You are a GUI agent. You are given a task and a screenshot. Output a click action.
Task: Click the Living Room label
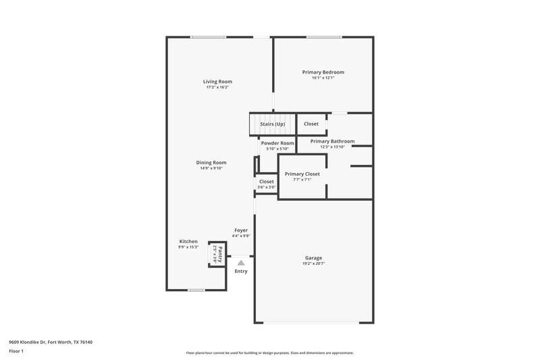click(217, 82)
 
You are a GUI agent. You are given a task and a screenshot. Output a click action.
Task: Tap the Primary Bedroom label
click(323, 72)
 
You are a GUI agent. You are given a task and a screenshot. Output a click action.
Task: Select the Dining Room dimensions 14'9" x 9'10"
click(211, 168)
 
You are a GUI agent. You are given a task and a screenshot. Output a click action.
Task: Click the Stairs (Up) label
click(273, 124)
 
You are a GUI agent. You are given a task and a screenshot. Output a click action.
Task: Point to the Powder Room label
click(277, 143)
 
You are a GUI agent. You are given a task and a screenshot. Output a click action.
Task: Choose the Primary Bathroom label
click(332, 141)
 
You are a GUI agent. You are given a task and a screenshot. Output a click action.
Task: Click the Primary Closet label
click(302, 174)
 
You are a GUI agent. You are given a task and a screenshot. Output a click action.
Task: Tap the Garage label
click(313, 257)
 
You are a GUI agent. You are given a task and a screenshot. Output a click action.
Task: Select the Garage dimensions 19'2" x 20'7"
click(313, 263)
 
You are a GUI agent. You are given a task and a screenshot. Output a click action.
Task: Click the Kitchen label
click(188, 241)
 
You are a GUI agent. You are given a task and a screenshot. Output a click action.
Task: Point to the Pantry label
click(220, 253)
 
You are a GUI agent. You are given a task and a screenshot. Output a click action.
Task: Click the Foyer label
click(241, 230)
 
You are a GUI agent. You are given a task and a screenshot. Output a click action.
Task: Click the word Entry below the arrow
click(241, 272)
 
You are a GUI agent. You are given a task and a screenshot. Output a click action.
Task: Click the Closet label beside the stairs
click(311, 124)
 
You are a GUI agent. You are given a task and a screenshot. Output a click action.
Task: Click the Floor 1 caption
click(17, 352)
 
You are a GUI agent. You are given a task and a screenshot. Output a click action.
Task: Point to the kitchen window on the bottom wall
click(196, 290)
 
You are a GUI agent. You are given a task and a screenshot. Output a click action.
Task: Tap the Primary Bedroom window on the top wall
click(323, 37)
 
